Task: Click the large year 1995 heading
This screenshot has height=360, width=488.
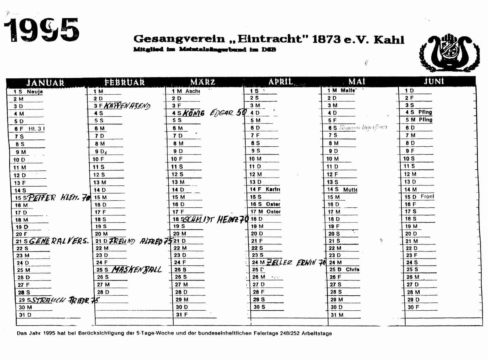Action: (x=42, y=30)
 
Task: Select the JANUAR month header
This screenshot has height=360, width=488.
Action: (x=45, y=83)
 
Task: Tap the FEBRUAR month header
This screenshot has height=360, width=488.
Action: (x=124, y=82)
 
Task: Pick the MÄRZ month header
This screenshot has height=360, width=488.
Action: (x=203, y=82)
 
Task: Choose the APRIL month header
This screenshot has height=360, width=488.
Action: (x=281, y=82)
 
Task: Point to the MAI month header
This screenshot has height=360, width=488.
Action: (x=357, y=81)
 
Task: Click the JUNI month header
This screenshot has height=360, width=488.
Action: (x=434, y=81)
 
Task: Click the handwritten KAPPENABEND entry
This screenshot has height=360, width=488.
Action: (x=127, y=106)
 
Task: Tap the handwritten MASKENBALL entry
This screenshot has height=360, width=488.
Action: (x=137, y=269)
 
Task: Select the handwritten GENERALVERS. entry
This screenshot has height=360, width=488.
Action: (x=59, y=241)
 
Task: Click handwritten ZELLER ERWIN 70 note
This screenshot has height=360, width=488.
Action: (x=296, y=262)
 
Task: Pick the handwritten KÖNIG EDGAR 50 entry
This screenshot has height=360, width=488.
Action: (x=214, y=113)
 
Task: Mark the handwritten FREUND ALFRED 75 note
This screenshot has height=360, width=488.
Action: (x=141, y=241)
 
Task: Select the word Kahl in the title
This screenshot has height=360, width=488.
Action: (x=389, y=40)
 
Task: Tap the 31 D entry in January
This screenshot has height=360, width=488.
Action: (x=25, y=315)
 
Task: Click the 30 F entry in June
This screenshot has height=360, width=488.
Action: (x=413, y=307)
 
